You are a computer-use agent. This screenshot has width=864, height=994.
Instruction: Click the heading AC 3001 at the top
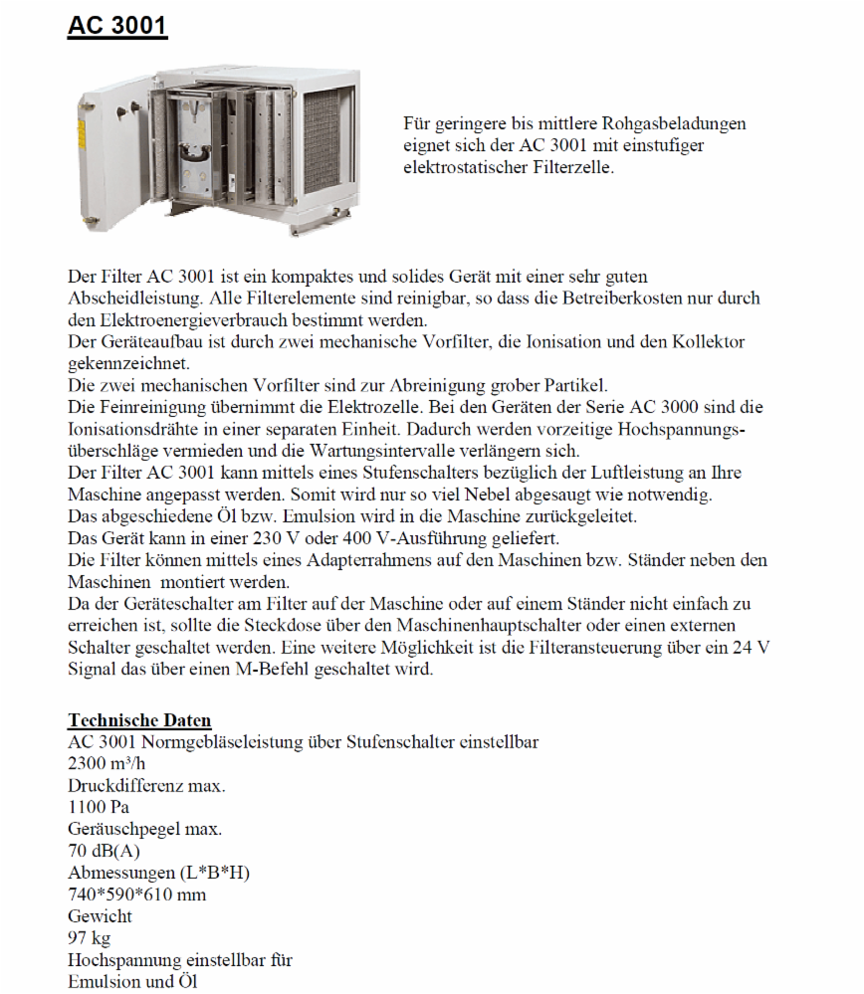(117, 27)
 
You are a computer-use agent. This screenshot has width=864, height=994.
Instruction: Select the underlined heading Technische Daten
(139, 720)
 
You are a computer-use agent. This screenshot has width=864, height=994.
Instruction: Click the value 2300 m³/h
(106, 764)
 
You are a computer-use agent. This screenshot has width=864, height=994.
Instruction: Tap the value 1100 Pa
(99, 807)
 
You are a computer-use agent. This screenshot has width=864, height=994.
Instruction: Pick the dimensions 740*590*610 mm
(137, 895)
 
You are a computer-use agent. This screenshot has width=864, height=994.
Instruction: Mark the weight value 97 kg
(89, 938)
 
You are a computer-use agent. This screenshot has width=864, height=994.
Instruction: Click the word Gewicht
(100, 916)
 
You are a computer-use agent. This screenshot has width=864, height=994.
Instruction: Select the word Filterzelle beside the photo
(570, 167)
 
